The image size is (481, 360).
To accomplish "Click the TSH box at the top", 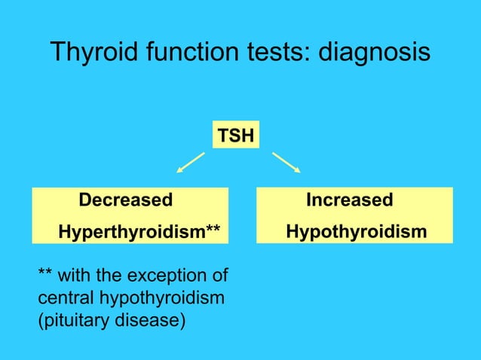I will pyautogui.click(x=235, y=136).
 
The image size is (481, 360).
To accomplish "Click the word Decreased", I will pyautogui.click(x=126, y=200).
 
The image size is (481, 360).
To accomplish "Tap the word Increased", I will pyautogui.click(x=349, y=200).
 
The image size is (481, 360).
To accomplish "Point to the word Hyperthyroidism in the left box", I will pyautogui.click(x=132, y=230).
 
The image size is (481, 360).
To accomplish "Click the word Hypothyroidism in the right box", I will pyautogui.click(x=357, y=230).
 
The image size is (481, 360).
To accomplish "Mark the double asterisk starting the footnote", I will pyautogui.click(x=44, y=271).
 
